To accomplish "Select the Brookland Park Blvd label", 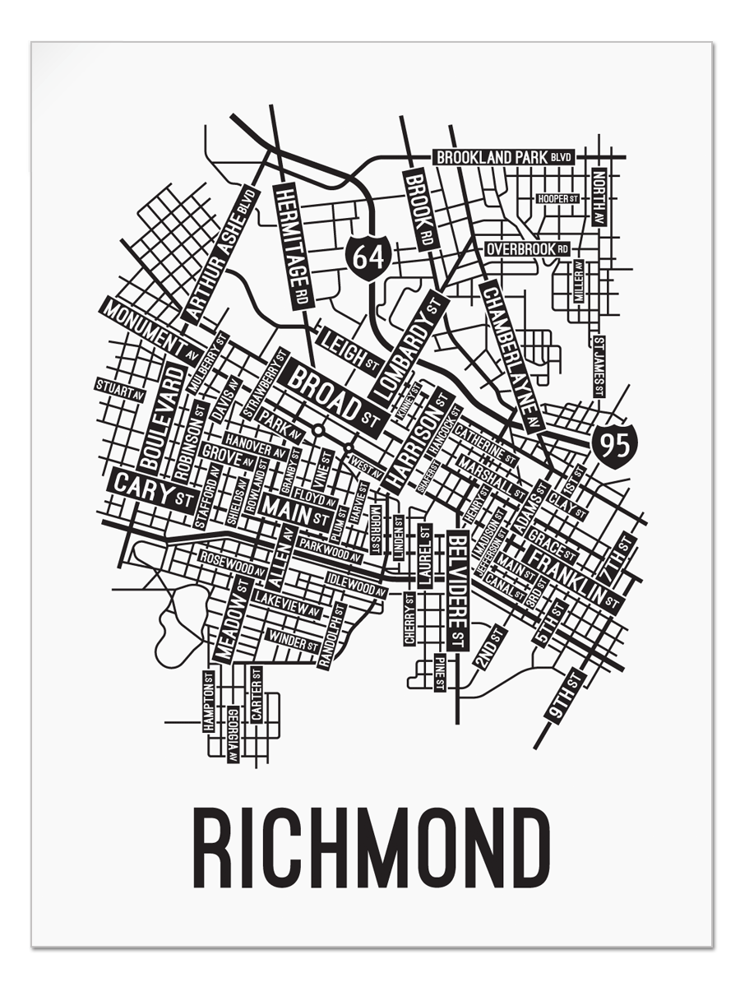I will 503,157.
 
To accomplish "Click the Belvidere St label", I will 458,589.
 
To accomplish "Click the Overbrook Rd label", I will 527,248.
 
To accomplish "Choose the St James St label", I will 599,366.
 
